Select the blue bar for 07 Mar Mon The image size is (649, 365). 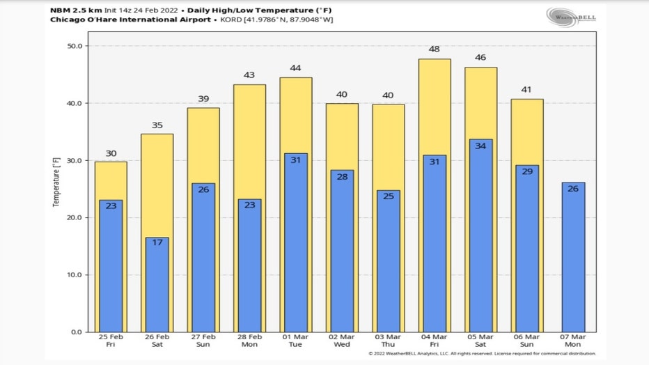(x=573, y=258)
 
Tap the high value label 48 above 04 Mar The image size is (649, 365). (x=435, y=49)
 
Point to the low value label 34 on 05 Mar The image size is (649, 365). (x=480, y=146)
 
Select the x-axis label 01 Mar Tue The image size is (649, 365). (x=295, y=341)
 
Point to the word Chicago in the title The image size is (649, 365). (x=68, y=20)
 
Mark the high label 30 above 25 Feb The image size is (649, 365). (x=111, y=153)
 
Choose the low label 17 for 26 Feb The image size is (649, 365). (x=157, y=242)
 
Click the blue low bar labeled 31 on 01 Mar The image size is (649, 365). (x=295, y=244)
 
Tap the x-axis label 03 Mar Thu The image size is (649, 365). (x=389, y=341)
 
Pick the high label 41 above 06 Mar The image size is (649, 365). (x=527, y=90)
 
